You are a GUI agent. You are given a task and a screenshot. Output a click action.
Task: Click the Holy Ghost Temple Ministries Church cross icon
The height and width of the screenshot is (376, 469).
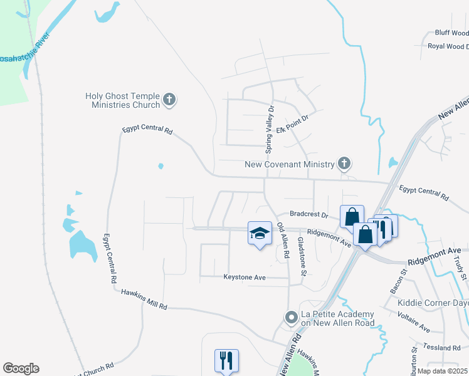point(169,99)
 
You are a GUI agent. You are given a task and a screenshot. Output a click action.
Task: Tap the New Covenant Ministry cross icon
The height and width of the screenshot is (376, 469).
point(344,164)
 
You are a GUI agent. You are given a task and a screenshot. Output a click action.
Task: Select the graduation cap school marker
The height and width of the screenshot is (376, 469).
point(260,233)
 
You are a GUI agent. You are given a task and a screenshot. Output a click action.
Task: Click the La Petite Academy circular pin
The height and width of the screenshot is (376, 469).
point(290,318)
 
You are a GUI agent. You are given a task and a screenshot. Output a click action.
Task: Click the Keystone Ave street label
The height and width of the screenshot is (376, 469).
point(245,276)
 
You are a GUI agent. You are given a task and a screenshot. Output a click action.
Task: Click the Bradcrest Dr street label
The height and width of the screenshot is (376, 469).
point(308,214)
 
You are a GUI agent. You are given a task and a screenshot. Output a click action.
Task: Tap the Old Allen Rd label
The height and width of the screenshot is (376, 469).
point(283,241)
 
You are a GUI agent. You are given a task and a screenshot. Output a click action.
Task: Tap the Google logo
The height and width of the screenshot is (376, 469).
point(21,368)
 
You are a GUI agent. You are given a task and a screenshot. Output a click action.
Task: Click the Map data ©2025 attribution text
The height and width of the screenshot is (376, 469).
point(442,371)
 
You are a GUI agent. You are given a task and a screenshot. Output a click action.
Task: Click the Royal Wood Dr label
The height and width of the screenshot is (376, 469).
point(448,46)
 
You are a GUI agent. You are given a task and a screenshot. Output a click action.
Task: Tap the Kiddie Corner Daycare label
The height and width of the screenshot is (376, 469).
point(433,303)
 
